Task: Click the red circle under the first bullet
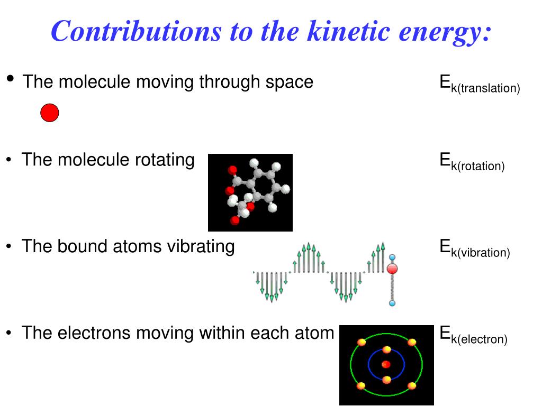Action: [50, 113]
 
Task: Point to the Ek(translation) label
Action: [480, 85]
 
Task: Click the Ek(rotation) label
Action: [472, 162]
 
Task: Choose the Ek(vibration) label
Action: [474, 249]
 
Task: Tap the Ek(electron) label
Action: [473, 336]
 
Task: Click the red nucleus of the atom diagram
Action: [386, 364]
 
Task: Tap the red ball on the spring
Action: [392, 269]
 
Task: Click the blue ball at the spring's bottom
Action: [392, 303]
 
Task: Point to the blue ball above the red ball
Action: [392, 257]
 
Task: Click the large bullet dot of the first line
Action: [11, 79]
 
